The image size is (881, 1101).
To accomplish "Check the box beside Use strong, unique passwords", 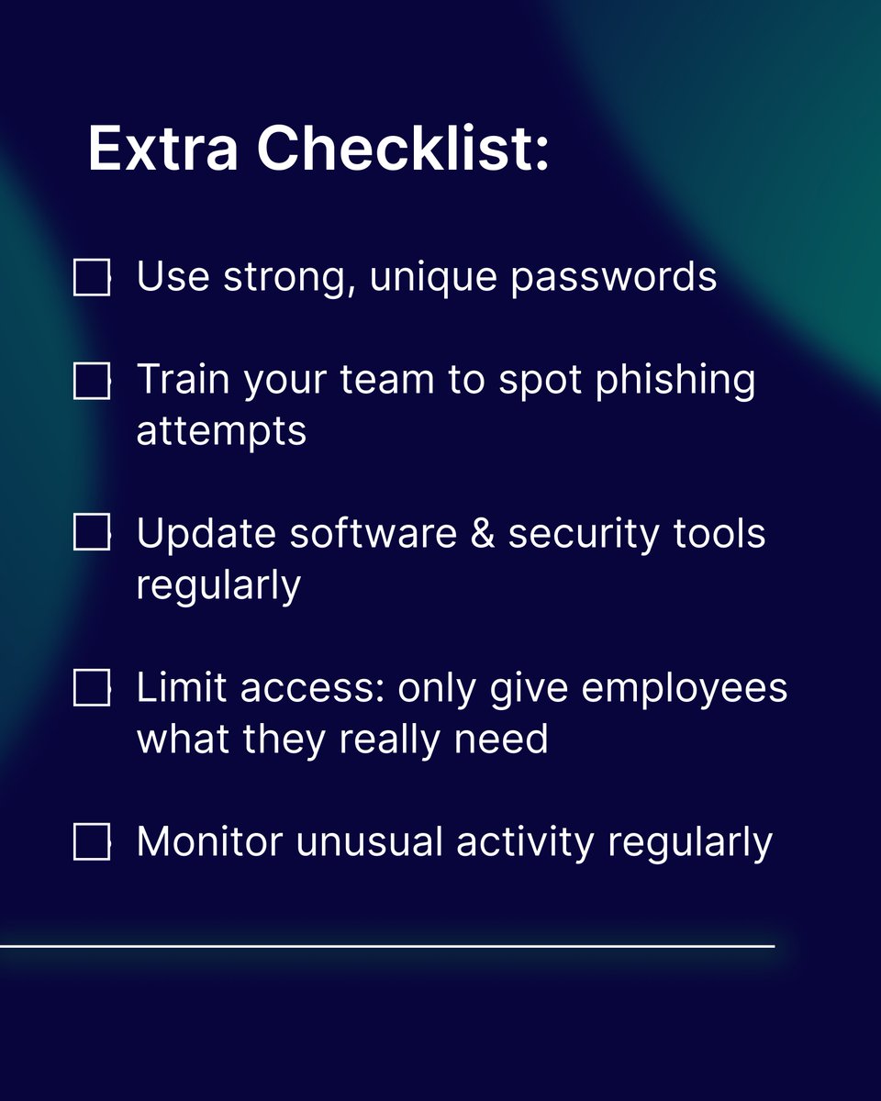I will click(x=92, y=278).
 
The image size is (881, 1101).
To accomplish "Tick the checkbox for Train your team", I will click(x=92, y=381).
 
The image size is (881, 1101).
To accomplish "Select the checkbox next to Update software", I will click(x=92, y=533).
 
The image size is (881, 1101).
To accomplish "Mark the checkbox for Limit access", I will click(x=92, y=687).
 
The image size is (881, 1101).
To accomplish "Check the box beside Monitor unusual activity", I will click(x=92, y=842).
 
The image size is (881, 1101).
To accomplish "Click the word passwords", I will click(x=614, y=277).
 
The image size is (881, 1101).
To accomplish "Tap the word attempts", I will click(x=221, y=431).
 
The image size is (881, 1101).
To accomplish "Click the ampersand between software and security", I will click(x=483, y=533).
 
